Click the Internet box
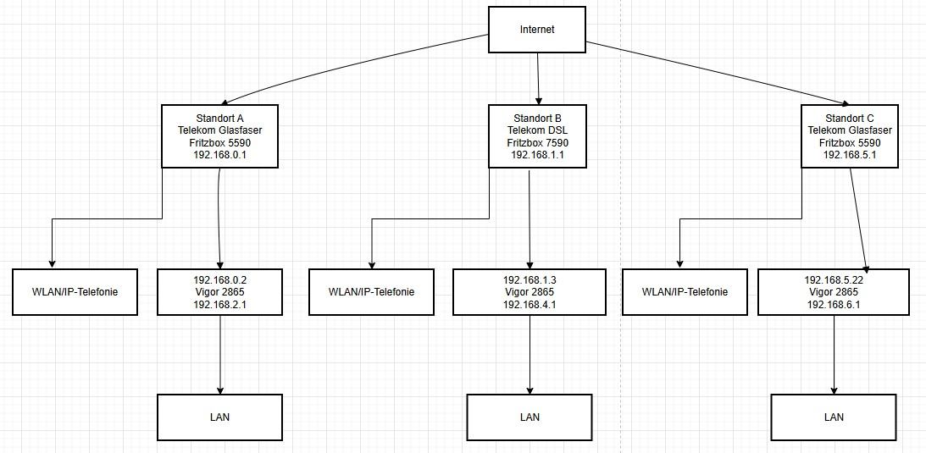coord(537,30)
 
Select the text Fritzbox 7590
coord(537,143)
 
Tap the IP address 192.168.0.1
coord(219,156)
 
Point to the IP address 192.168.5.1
coord(849,156)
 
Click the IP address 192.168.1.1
coord(537,156)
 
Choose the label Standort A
coord(219,118)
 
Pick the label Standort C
coord(849,118)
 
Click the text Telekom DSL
coord(537,130)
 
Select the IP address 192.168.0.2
coord(220,279)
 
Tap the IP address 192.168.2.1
coord(220,305)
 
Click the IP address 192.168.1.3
coord(530,279)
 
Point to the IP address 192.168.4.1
coord(530,305)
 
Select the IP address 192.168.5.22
coord(834,279)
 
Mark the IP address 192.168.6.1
coord(834,305)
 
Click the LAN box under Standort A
coord(220,417)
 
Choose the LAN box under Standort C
coord(834,417)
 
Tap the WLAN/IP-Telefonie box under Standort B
coord(371,292)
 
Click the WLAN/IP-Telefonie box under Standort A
coord(75,292)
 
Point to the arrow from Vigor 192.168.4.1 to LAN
coord(530,356)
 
